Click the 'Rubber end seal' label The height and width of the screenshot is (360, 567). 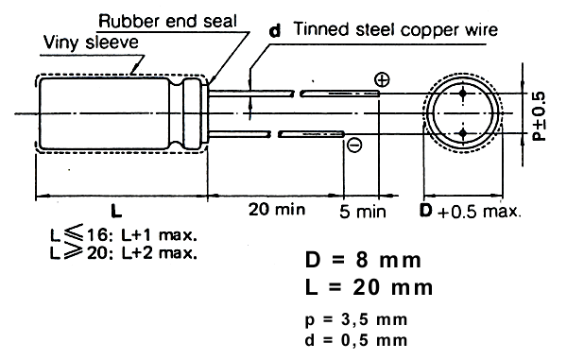(x=167, y=22)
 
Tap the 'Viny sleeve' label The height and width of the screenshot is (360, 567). (x=91, y=43)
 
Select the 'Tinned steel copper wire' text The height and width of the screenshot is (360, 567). (x=396, y=29)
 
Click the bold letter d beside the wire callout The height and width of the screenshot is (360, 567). (x=275, y=30)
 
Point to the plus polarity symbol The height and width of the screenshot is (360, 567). (x=382, y=79)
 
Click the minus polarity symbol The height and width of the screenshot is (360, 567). (x=354, y=146)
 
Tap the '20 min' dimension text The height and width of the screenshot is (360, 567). (x=277, y=209)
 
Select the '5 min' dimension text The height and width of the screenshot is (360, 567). (x=363, y=212)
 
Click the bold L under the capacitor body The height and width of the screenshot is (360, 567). (x=116, y=211)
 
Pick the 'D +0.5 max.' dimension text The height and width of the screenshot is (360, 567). (x=471, y=211)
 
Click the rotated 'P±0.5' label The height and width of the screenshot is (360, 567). (x=539, y=116)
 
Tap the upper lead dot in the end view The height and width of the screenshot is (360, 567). (x=463, y=94)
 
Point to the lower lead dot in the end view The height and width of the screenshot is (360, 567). (x=463, y=134)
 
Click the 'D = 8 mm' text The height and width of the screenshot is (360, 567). (x=363, y=260)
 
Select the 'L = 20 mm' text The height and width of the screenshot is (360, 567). (x=369, y=287)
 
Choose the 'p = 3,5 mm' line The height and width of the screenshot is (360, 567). (x=356, y=320)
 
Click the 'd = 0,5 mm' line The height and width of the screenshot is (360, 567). (x=356, y=340)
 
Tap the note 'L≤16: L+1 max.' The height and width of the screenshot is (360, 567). (x=123, y=234)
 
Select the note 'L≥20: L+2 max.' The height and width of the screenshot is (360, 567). (x=123, y=252)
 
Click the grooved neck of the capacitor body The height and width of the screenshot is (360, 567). (x=177, y=113)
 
